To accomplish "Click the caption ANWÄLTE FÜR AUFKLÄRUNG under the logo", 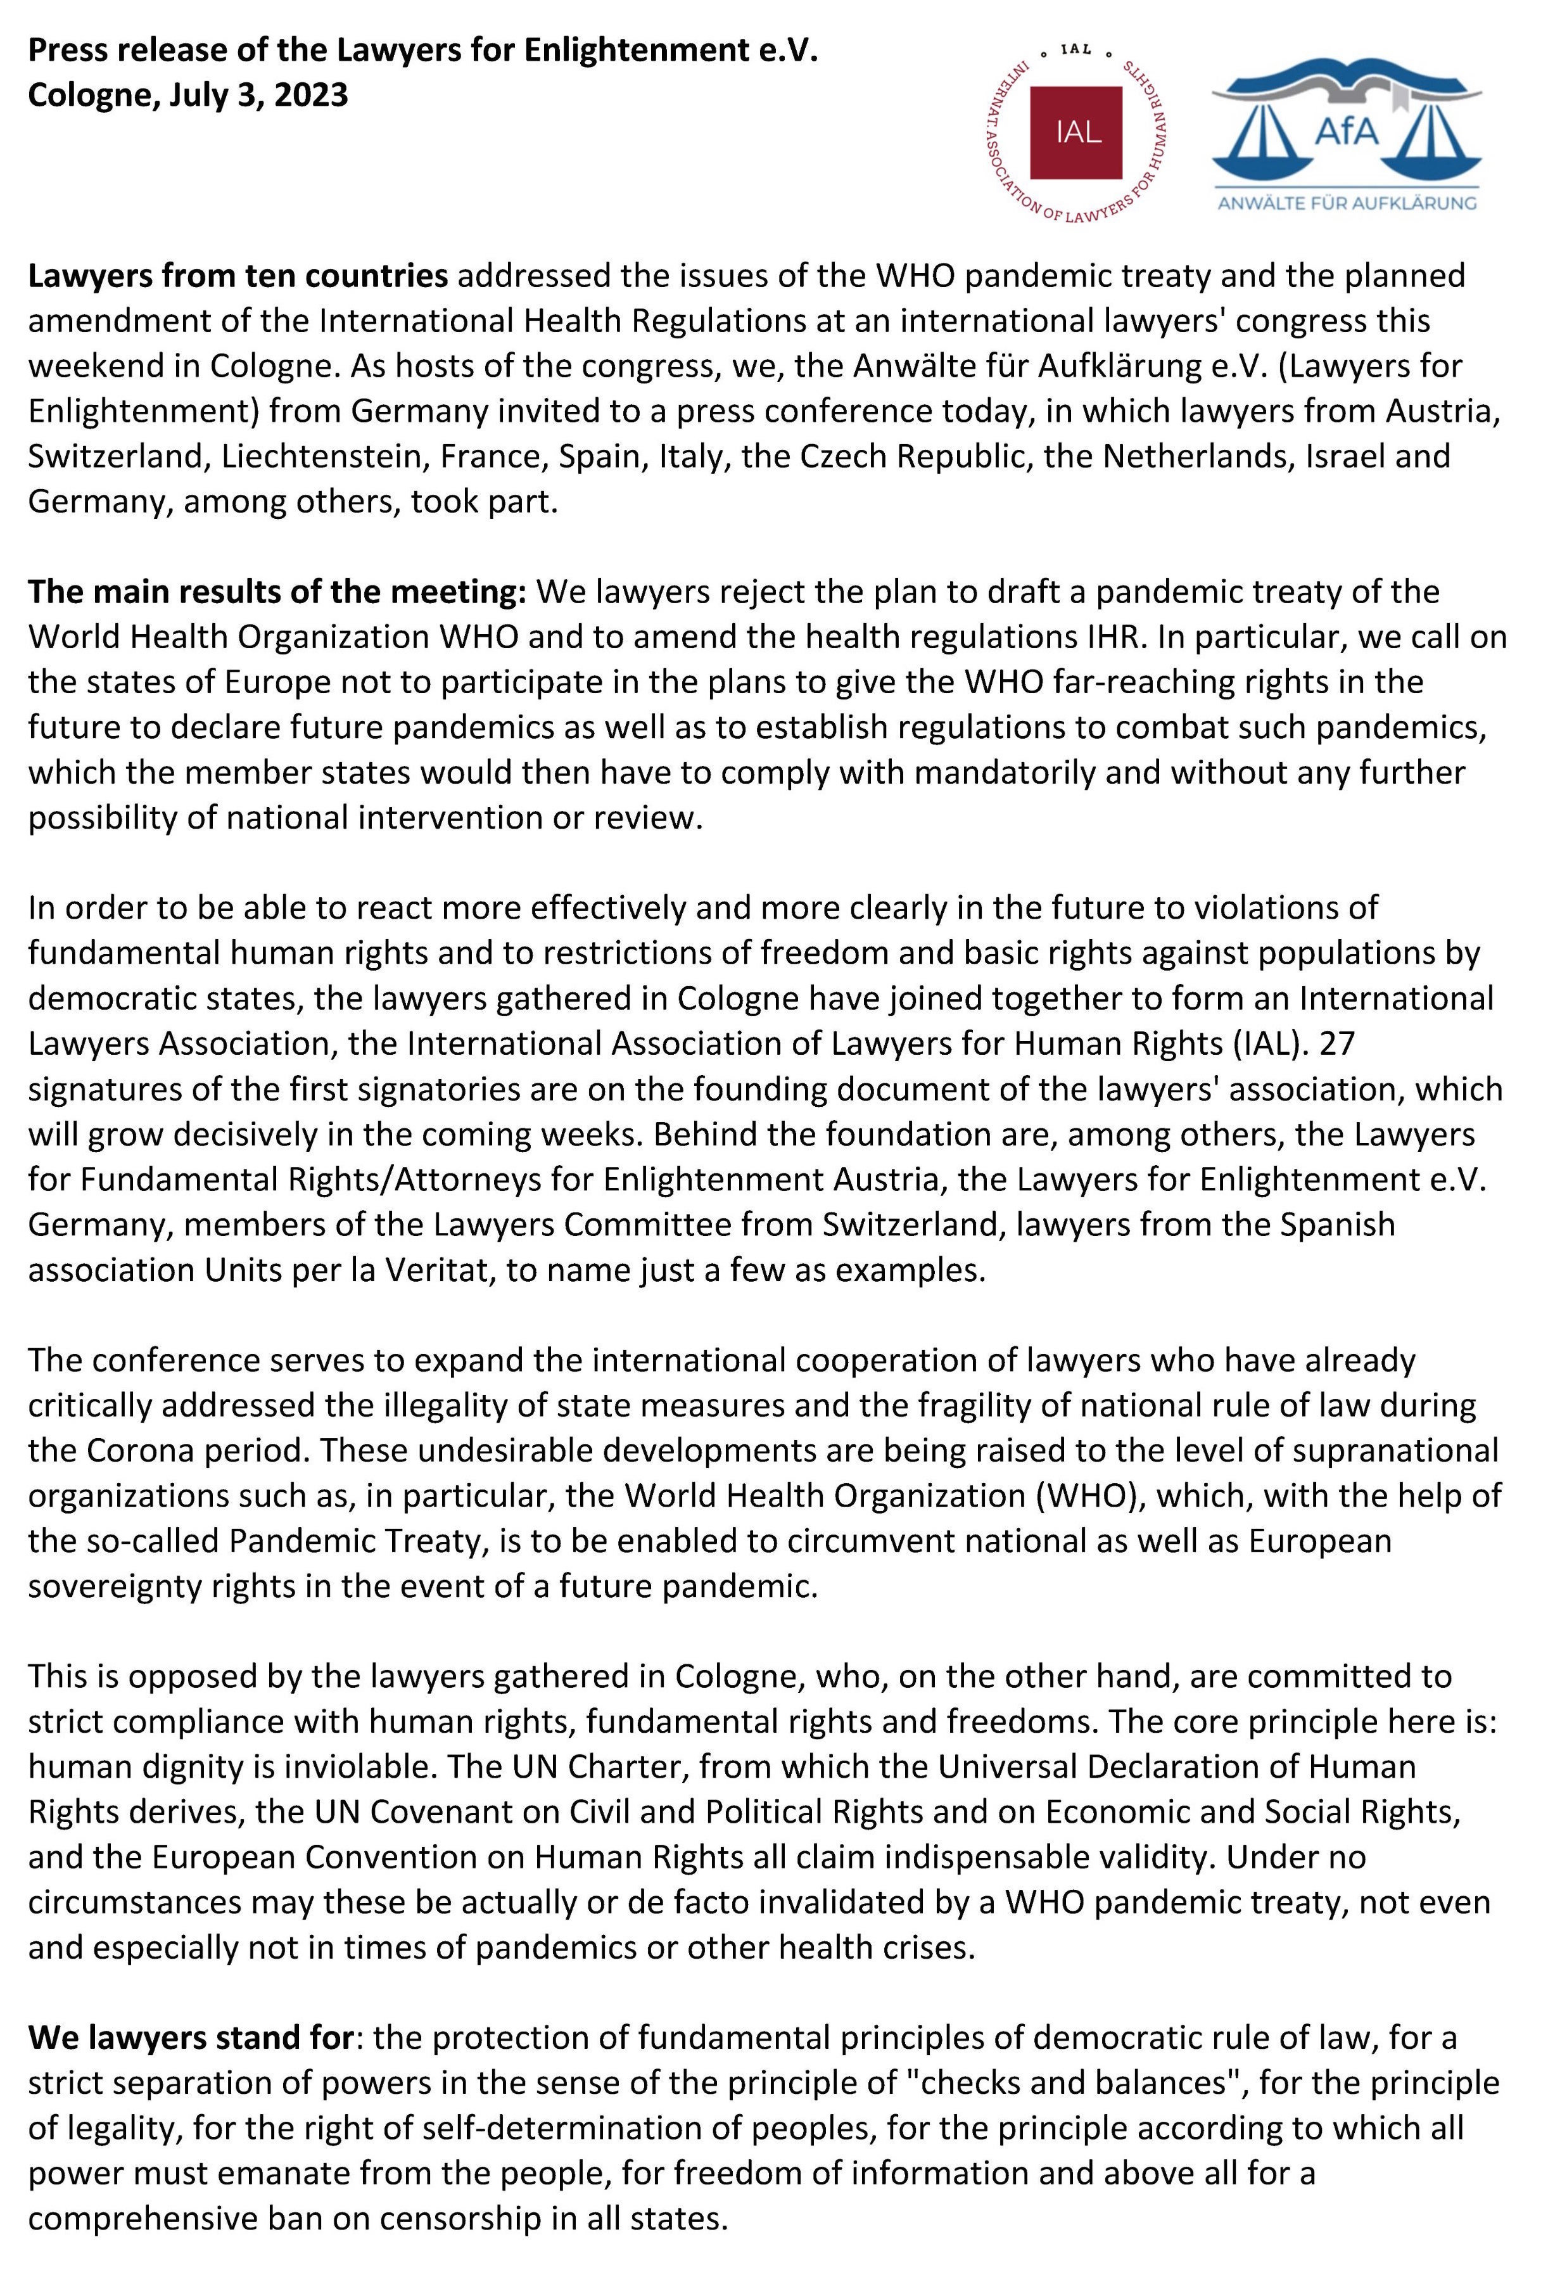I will [1347, 204].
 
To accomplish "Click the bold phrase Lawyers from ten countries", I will [238, 276].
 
